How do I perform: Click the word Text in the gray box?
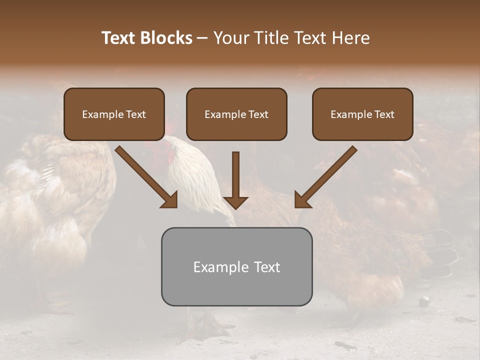coord(267,267)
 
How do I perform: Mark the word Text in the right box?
coord(384,114)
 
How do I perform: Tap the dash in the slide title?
coord(202,38)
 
